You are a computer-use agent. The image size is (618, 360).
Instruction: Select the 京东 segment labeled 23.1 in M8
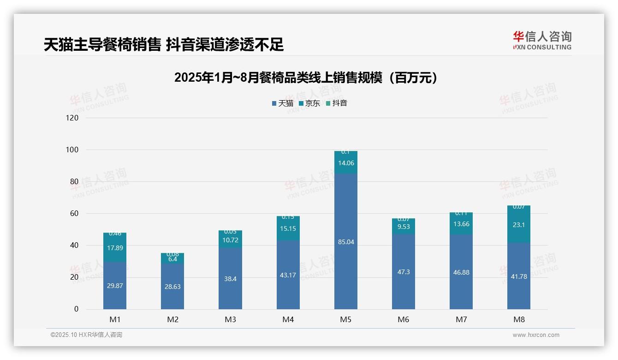point(518,225)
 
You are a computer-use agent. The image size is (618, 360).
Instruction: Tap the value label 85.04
point(345,242)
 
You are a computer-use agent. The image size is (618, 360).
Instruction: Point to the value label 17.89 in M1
point(115,247)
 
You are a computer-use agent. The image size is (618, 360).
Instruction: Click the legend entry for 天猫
point(282,103)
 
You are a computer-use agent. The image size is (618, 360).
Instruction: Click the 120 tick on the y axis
point(73,118)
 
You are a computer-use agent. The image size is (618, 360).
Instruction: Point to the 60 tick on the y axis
point(74,214)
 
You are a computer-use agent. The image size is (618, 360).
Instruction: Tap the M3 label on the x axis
point(230,320)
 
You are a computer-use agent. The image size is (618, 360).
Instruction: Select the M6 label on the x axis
point(403,320)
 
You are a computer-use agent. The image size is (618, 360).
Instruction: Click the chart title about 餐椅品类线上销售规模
point(306,78)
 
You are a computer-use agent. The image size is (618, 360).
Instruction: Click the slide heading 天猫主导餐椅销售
point(164,44)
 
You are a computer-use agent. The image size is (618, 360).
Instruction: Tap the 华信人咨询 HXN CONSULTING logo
point(542,41)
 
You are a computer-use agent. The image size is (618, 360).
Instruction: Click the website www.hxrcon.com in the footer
point(536,335)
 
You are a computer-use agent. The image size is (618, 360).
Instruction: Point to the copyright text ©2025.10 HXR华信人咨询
point(86,335)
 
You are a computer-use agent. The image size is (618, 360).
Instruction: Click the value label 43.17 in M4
point(288,275)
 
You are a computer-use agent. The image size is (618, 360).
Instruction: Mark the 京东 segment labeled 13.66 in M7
point(461,224)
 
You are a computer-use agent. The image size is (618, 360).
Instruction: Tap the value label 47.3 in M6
point(403,272)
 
